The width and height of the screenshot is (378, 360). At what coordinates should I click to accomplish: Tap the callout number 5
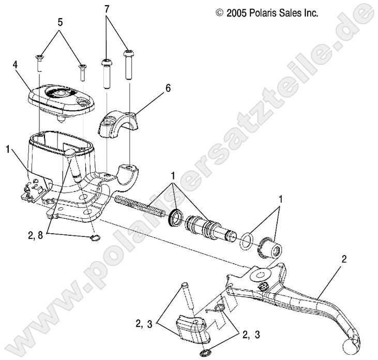59,22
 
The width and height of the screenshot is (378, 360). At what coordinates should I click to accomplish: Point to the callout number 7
107,9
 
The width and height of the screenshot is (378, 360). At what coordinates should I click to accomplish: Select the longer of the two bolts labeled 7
128,65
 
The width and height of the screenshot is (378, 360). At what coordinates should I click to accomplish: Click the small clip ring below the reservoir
94,238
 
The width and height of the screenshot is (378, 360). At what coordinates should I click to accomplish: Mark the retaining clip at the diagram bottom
205,353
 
